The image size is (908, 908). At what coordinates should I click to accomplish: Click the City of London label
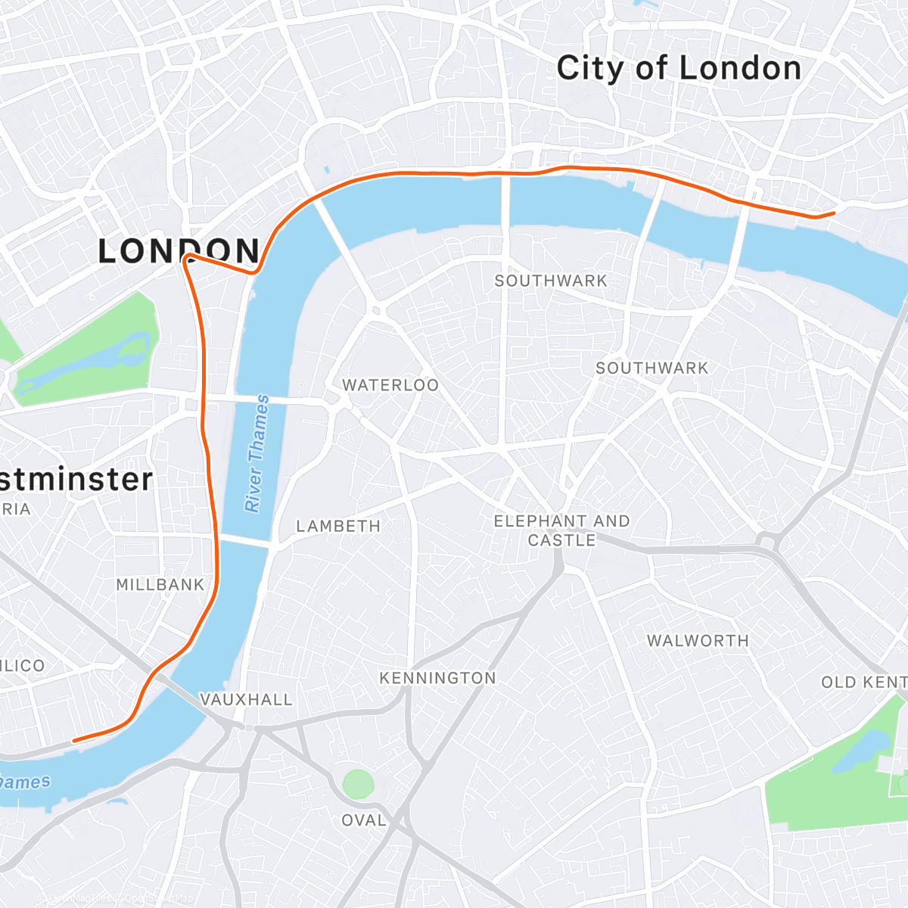tap(679, 69)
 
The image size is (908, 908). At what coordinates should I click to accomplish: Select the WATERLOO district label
tap(390, 385)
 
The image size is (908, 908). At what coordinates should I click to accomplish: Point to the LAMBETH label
tap(338, 526)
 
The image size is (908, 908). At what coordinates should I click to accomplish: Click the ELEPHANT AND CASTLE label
tap(561, 530)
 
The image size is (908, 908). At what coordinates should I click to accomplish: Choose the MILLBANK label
tap(160, 585)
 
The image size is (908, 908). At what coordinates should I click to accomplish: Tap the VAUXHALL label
tap(246, 700)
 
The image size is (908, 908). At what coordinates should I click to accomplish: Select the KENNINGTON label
tap(437, 678)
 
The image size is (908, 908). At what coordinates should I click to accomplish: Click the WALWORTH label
tap(698, 641)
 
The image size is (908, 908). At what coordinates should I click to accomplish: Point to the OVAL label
tap(364, 820)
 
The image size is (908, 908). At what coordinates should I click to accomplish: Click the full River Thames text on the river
tap(257, 453)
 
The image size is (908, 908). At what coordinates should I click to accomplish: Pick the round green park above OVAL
tap(358, 784)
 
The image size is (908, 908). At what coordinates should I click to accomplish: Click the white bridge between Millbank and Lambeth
tap(246, 540)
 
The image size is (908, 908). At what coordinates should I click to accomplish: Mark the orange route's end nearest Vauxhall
tap(73, 741)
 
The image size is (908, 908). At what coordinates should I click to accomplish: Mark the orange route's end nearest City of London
tap(833, 213)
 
